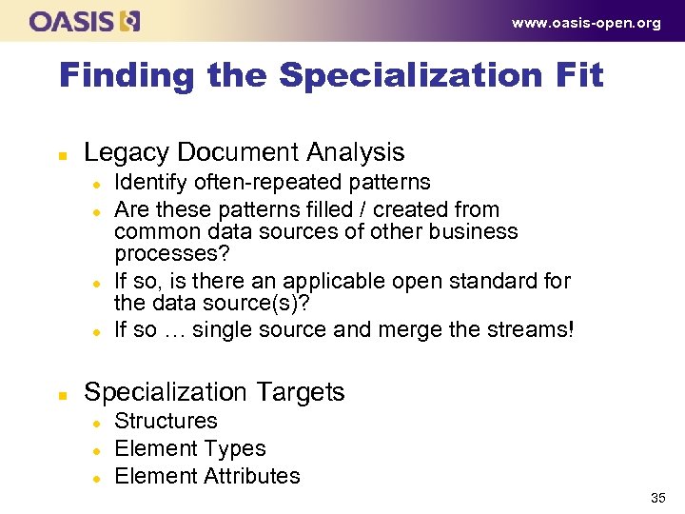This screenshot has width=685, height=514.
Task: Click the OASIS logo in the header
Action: (84, 21)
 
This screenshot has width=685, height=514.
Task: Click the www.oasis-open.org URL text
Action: (586, 23)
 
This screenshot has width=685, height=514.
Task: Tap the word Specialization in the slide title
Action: (399, 76)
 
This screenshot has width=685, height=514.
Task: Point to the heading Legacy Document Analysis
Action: (245, 152)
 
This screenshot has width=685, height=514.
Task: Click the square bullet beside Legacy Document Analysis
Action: (64, 153)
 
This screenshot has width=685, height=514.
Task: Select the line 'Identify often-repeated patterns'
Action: (272, 183)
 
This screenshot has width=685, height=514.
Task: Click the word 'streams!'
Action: (535, 330)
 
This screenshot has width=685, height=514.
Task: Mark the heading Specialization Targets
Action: (214, 392)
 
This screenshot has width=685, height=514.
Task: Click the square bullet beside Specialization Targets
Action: (64, 393)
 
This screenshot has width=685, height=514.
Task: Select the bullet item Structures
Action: (166, 422)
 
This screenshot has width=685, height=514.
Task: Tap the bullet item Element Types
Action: (190, 449)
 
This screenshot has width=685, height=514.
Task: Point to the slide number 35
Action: (657, 498)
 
